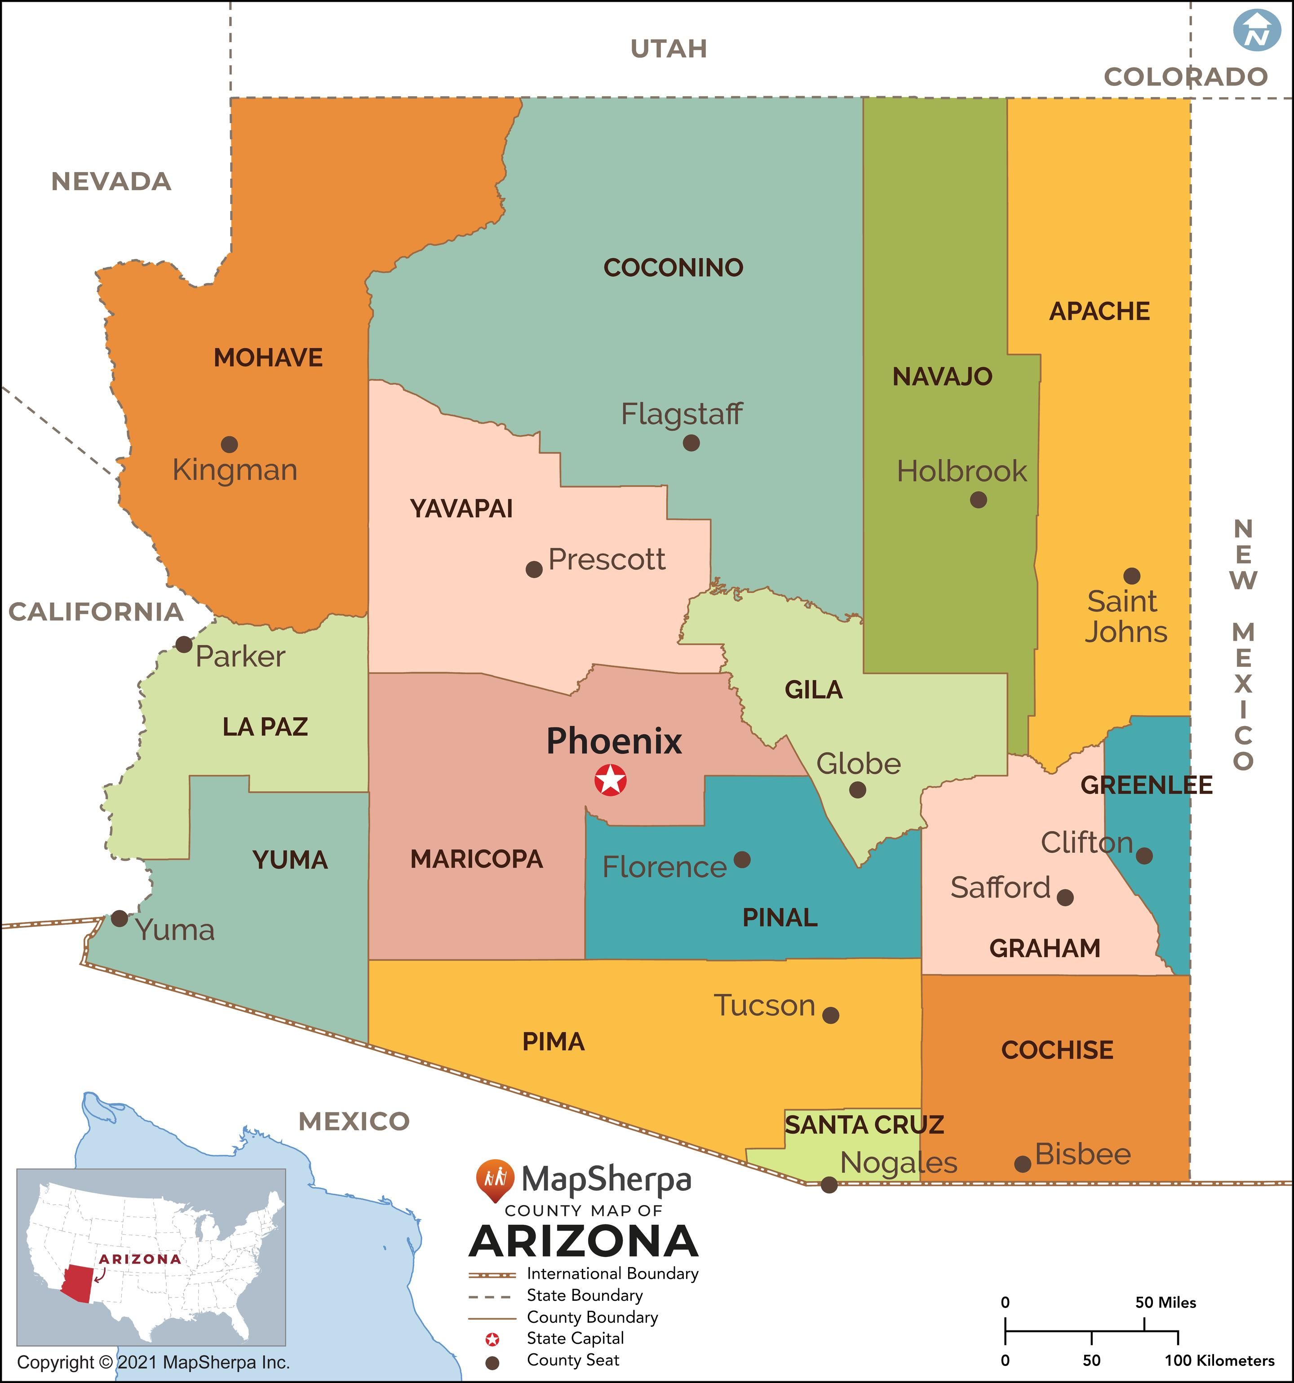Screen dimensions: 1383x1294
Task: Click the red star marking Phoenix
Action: pos(610,780)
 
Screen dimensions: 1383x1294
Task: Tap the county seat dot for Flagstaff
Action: pos(691,443)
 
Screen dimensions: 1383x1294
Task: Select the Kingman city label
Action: pos(235,470)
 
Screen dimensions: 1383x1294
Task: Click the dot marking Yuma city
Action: pos(120,918)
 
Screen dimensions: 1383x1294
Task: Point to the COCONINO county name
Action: pos(673,268)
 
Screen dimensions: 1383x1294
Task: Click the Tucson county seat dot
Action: pos(831,1015)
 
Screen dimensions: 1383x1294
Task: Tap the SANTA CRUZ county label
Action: pos(864,1125)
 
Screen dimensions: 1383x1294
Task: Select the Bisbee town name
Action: pos(1082,1155)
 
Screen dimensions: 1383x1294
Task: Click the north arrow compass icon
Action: pos(1256,30)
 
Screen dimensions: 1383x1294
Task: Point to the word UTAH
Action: pos(669,49)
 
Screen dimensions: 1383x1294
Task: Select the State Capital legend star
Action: pos(492,1339)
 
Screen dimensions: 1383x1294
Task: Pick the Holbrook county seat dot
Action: pos(978,500)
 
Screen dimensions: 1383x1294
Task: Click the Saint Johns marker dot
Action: pos(1132,576)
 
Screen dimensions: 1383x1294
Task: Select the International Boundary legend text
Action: pos(612,1274)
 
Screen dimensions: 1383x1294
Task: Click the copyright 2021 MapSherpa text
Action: pos(153,1362)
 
